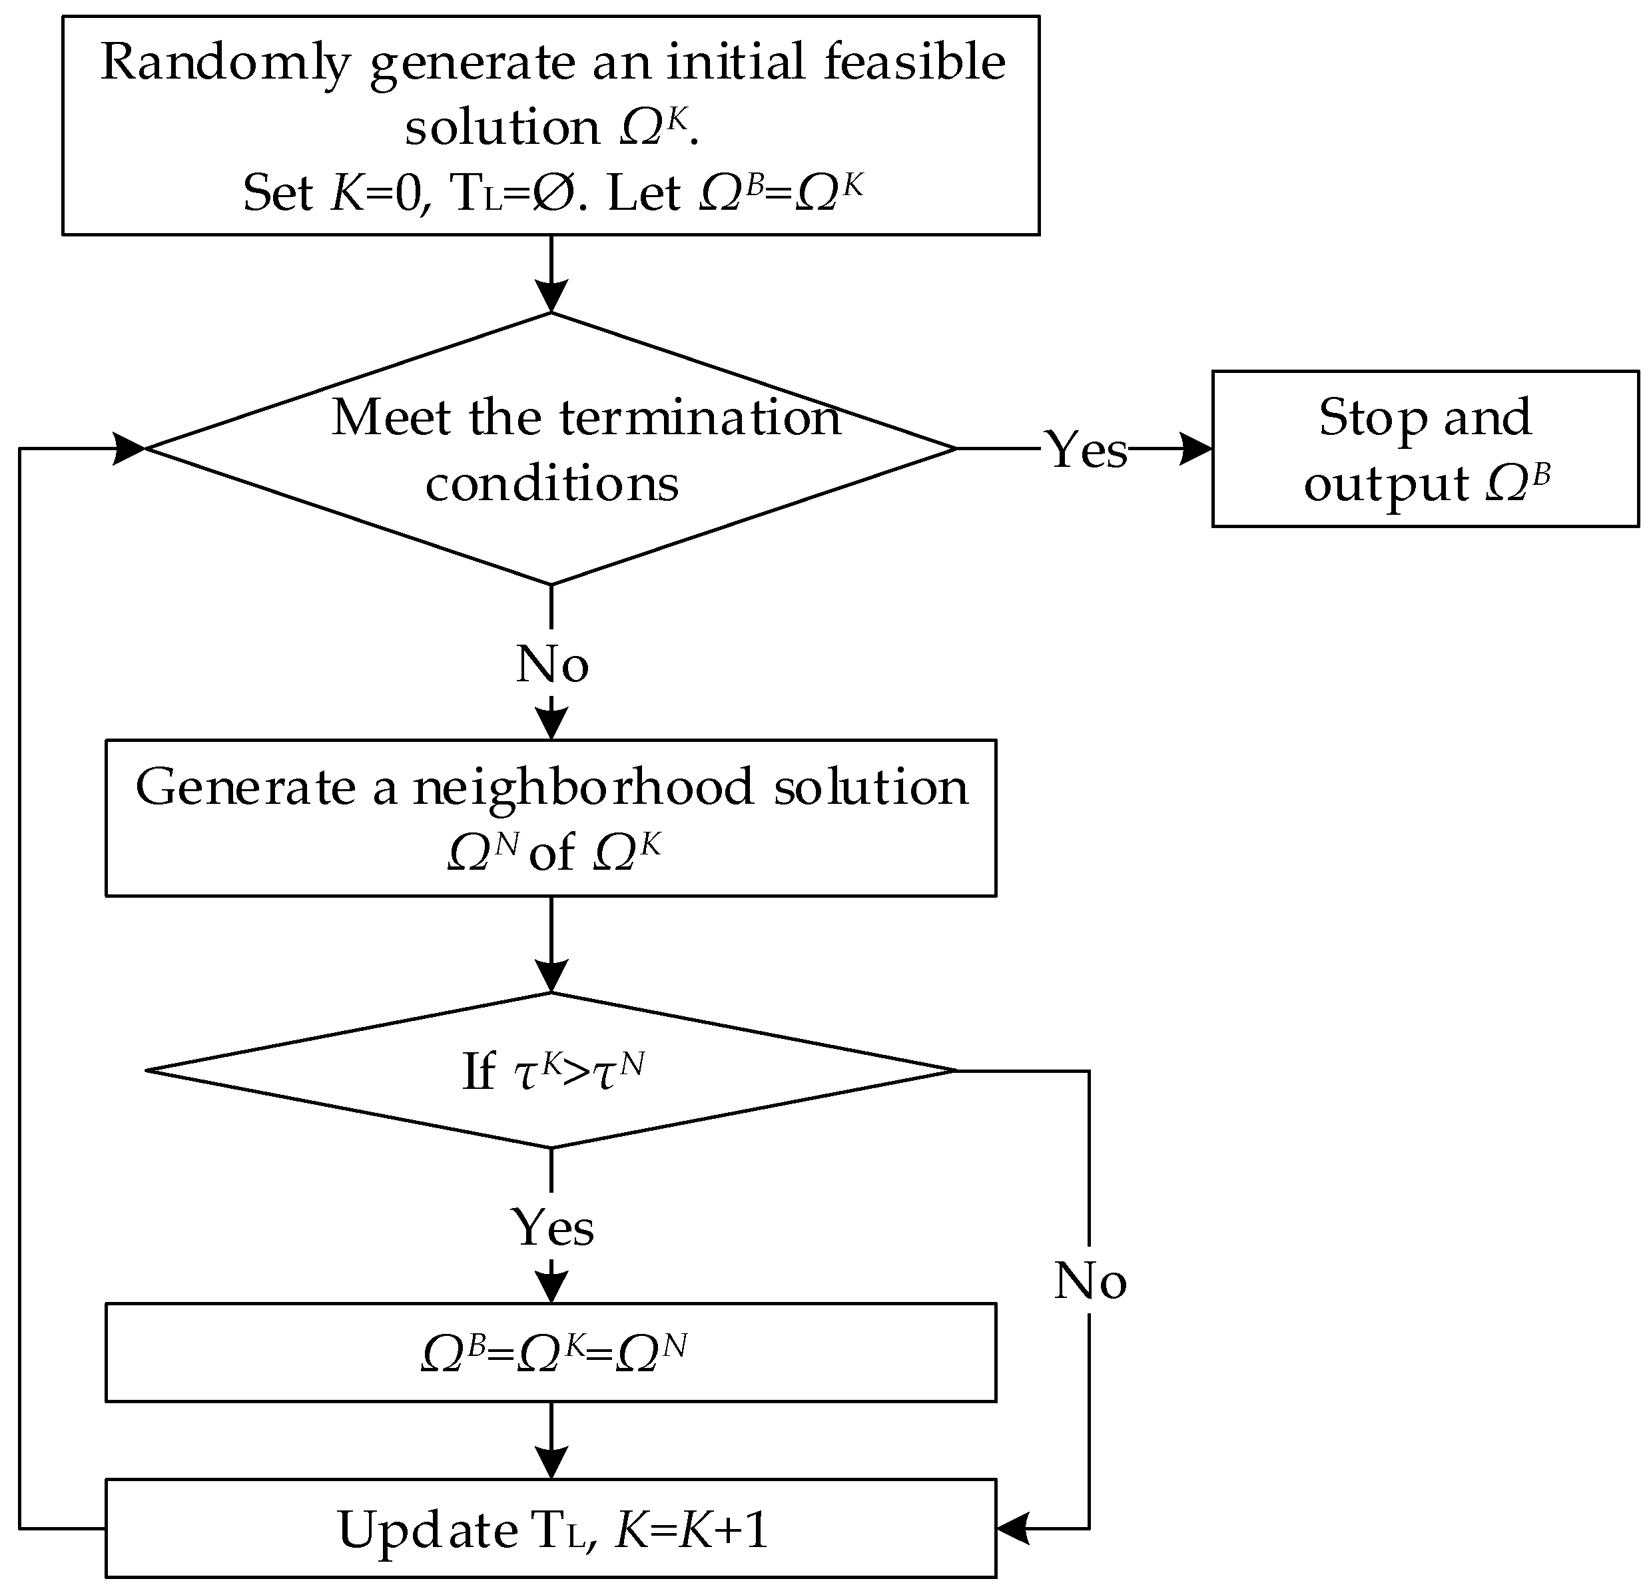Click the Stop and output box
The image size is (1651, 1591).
tap(1425, 450)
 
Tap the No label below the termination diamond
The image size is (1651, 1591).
tap(551, 665)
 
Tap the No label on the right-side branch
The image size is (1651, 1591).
tap(1090, 1281)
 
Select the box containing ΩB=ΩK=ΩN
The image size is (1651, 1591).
tap(551, 1353)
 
